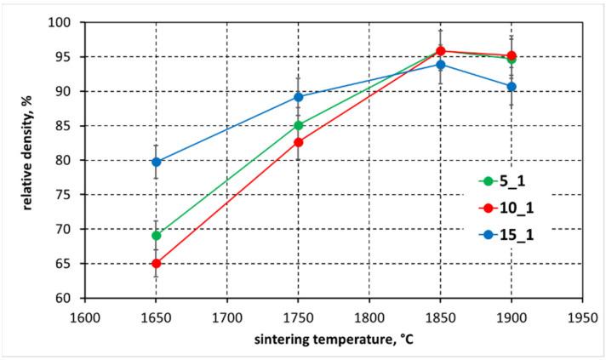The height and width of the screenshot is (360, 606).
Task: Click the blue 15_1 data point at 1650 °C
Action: (157, 162)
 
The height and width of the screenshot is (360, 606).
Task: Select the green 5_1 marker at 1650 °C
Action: (157, 235)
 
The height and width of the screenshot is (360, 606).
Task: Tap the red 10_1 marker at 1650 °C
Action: (157, 264)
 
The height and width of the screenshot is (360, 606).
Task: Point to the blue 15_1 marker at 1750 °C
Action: (299, 97)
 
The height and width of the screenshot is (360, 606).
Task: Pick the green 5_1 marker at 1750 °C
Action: (299, 125)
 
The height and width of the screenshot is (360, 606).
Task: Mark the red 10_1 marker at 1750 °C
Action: (299, 142)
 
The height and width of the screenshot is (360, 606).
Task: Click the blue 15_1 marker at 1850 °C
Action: (441, 65)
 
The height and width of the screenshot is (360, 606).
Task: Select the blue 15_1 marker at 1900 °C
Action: (512, 87)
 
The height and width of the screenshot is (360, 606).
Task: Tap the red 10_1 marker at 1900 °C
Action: (512, 56)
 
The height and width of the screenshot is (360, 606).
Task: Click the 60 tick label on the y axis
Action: (71, 298)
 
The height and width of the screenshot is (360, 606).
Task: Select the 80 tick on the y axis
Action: (71, 160)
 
